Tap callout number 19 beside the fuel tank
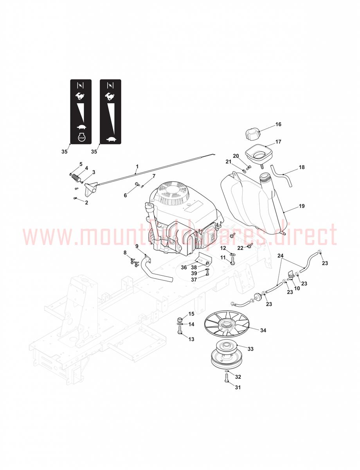coord(301,206)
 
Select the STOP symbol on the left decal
coord(81,137)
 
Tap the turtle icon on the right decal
coord(111,139)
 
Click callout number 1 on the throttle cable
coord(137,166)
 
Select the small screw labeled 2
coord(75,199)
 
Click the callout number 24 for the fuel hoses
coord(281,256)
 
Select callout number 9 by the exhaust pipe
coord(137,246)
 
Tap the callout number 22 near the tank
coord(240,248)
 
